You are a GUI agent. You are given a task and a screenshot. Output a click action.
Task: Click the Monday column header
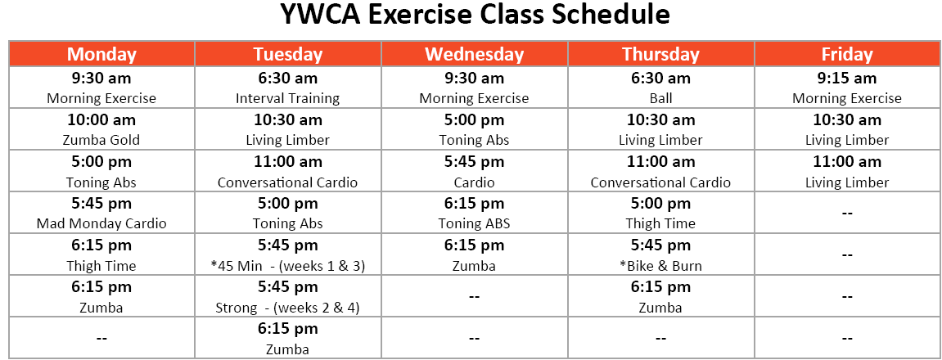coord(101,54)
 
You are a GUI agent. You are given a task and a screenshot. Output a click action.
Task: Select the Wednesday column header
coord(475,54)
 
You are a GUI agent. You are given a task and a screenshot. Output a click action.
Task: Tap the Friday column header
coord(847,54)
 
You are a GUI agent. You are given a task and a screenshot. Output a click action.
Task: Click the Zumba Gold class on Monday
coord(101,140)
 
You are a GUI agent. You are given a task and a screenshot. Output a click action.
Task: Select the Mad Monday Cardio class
coord(101,223)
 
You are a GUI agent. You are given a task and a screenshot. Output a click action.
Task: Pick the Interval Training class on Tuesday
coord(288,98)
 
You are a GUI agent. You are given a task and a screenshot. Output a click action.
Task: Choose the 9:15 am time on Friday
coord(847,78)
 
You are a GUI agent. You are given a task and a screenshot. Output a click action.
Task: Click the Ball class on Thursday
coord(660,98)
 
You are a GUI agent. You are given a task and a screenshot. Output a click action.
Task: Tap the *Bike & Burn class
coord(660,266)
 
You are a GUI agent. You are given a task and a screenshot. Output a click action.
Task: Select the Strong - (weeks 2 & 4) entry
coord(288,308)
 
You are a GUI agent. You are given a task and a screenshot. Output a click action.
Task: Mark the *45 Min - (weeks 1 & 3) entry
coord(288,266)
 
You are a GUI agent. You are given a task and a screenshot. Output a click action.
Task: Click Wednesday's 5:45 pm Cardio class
coord(475,182)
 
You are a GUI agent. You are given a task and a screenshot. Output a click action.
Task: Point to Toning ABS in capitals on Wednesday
coord(475,223)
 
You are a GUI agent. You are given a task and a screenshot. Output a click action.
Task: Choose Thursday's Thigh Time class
coord(660,223)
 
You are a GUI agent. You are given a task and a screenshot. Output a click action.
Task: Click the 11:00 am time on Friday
coord(847,162)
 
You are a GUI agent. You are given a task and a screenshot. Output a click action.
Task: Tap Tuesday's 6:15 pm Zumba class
coord(288,350)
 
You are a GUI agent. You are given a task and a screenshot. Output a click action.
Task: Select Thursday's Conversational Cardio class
coord(660,182)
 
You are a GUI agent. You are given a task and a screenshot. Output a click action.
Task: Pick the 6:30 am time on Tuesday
coord(288,78)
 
